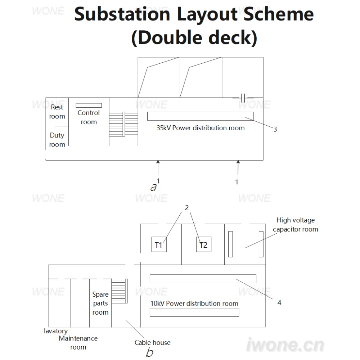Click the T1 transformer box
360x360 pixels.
(159, 244)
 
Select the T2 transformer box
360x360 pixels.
(204, 244)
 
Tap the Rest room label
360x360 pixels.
(57, 112)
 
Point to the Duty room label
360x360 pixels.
(57, 140)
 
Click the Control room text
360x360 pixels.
(89, 117)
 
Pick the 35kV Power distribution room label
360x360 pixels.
(201, 128)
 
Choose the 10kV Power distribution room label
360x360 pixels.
(194, 303)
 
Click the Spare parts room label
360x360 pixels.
(100, 303)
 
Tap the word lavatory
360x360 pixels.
(56, 331)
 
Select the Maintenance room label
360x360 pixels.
(78, 343)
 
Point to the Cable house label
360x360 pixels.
(152, 343)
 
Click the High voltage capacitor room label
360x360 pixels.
(296, 225)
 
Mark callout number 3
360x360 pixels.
(275, 129)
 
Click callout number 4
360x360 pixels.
(279, 303)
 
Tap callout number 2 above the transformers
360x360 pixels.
(186, 208)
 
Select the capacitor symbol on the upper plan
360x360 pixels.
(243, 98)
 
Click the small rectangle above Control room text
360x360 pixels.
(89, 105)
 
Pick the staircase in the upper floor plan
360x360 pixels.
(123, 124)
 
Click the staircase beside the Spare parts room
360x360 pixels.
(120, 291)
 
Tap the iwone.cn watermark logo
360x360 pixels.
(285, 345)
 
